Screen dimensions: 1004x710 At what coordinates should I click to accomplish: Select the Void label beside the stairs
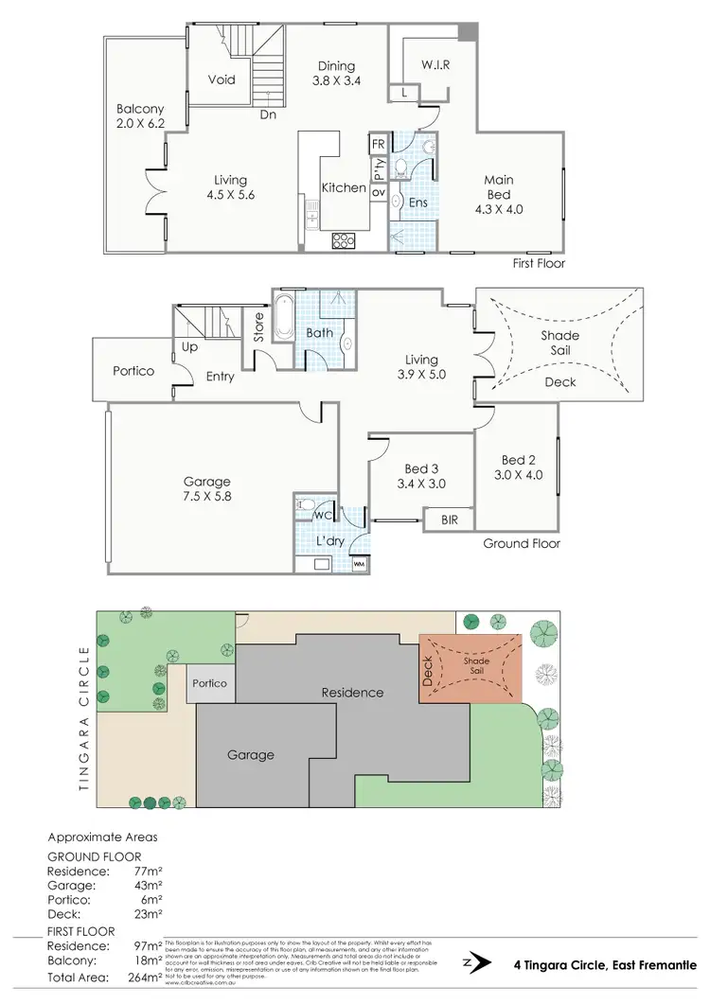click(x=222, y=80)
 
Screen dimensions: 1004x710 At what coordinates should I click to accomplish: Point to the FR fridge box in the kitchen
click(x=378, y=144)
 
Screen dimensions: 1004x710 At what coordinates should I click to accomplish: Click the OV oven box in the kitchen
click(x=378, y=192)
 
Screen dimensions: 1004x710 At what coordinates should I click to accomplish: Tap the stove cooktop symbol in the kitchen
click(x=342, y=240)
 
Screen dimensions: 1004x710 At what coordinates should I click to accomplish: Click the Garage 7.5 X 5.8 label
click(x=207, y=489)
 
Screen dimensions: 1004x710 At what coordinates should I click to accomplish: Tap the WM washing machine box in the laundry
click(x=358, y=564)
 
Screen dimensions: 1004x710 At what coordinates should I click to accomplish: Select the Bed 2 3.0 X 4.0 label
click(x=520, y=467)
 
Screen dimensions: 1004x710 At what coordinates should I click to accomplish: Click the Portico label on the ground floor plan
click(x=133, y=371)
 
